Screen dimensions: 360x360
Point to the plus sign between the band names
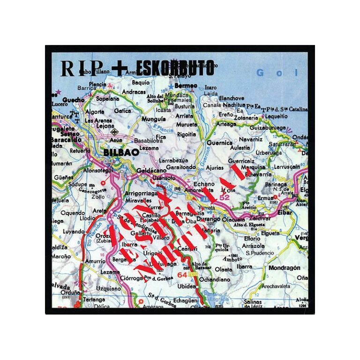point(120,68)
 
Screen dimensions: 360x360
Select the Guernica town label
point(219,142)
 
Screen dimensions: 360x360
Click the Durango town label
point(209,218)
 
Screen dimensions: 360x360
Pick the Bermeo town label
point(186,86)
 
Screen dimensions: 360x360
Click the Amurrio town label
point(95,261)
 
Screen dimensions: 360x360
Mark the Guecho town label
point(74,100)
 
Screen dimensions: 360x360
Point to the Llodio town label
point(87,218)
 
